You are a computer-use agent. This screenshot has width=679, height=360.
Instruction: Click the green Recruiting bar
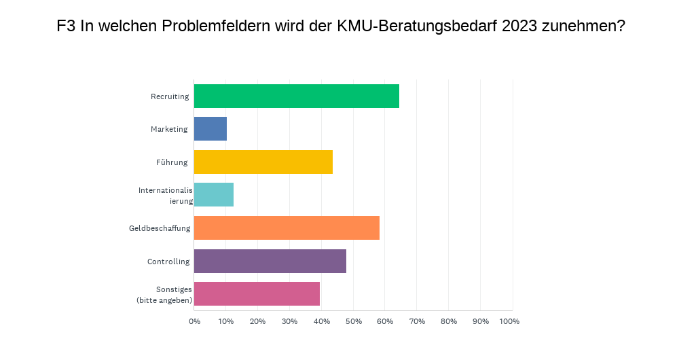[296, 96]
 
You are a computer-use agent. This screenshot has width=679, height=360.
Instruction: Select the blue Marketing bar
[210, 128]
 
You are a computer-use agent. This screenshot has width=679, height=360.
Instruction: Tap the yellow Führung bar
[263, 162]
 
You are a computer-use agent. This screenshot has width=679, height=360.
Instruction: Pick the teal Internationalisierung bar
[214, 194]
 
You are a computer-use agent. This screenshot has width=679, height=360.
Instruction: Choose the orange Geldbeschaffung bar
[287, 228]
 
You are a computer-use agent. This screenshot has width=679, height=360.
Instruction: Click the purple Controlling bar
[270, 261]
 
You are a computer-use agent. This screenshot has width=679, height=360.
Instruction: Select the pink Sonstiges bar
[257, 293]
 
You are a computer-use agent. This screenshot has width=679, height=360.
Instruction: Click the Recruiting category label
[170, 96]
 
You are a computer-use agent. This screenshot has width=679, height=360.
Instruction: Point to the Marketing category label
[169, 129]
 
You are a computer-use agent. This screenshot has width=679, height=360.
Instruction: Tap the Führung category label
[172, 162]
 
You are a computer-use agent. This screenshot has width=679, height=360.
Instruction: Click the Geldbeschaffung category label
[160, 228]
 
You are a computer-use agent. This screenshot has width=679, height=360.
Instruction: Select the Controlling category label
[168, 262]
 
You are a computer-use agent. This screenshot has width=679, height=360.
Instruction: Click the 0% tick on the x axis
[195, 321]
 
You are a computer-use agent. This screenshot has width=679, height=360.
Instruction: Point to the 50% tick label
[353, 321]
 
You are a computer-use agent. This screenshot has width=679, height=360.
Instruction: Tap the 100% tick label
[509, 321]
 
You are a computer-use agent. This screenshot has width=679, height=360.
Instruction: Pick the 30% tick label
[289, 321]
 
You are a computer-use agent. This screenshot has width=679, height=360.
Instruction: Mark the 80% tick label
[448, 321]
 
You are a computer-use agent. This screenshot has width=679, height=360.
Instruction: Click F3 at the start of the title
[66, 27]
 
